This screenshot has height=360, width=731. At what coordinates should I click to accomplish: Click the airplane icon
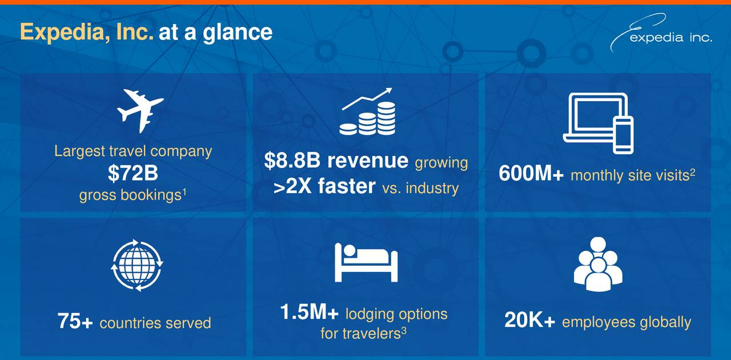pos(140,110)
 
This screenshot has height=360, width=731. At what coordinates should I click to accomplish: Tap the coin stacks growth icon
pos(367,111)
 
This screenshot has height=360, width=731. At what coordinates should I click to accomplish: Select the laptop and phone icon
pos(598,123)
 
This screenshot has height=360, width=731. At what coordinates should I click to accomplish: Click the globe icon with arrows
pos(136,265)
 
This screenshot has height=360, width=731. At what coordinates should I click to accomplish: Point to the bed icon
pos(366,262)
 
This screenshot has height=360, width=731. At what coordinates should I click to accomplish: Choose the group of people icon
pos(598,264)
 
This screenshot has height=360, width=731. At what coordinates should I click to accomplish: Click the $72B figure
pos(133,173)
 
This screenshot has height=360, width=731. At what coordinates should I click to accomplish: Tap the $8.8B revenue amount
pos(292,160)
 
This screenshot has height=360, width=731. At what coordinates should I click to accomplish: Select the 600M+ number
pos(531,173)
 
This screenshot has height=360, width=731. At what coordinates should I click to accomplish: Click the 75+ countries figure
pos(75,321)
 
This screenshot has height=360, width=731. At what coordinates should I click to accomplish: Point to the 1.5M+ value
pos(309,312)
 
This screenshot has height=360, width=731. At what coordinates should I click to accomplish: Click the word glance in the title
pos(238,33)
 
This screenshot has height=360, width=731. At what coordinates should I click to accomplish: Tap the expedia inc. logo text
pos(670,38)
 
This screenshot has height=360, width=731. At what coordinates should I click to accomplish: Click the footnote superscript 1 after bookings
pos(184,193)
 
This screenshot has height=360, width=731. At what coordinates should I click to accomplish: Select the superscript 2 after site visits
pos(692,172)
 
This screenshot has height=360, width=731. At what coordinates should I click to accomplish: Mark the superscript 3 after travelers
pos(404,331)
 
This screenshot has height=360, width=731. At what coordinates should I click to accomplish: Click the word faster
pos(347,186)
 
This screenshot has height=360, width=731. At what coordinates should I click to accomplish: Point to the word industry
pos(432,188)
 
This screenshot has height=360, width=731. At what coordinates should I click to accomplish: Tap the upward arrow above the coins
pos(367,98)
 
